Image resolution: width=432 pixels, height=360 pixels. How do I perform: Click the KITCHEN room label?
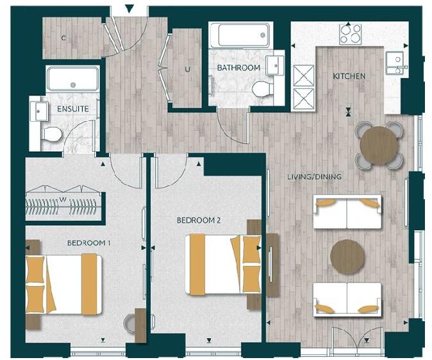(x=349, y=76)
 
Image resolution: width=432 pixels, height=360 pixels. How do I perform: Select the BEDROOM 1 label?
(x=89, y=243)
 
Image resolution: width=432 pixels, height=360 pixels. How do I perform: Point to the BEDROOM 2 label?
(x=199, y=220)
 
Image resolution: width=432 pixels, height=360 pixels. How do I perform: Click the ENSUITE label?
(x=73, y=109)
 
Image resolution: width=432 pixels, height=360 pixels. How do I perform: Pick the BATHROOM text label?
(x=238, y=67)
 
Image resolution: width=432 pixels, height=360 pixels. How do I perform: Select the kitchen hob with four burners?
(x=350, y=33)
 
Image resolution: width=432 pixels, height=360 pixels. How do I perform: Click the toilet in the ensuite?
(x=51, y=134)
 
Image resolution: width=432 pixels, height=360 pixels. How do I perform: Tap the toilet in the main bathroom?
(x=263, y=88)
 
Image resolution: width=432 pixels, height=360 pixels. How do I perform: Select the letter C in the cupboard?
(x=63, y=38)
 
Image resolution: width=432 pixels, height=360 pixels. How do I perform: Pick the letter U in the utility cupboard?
(x=188, y=69)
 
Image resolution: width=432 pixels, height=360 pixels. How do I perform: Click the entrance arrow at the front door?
(x=129, y=9)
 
